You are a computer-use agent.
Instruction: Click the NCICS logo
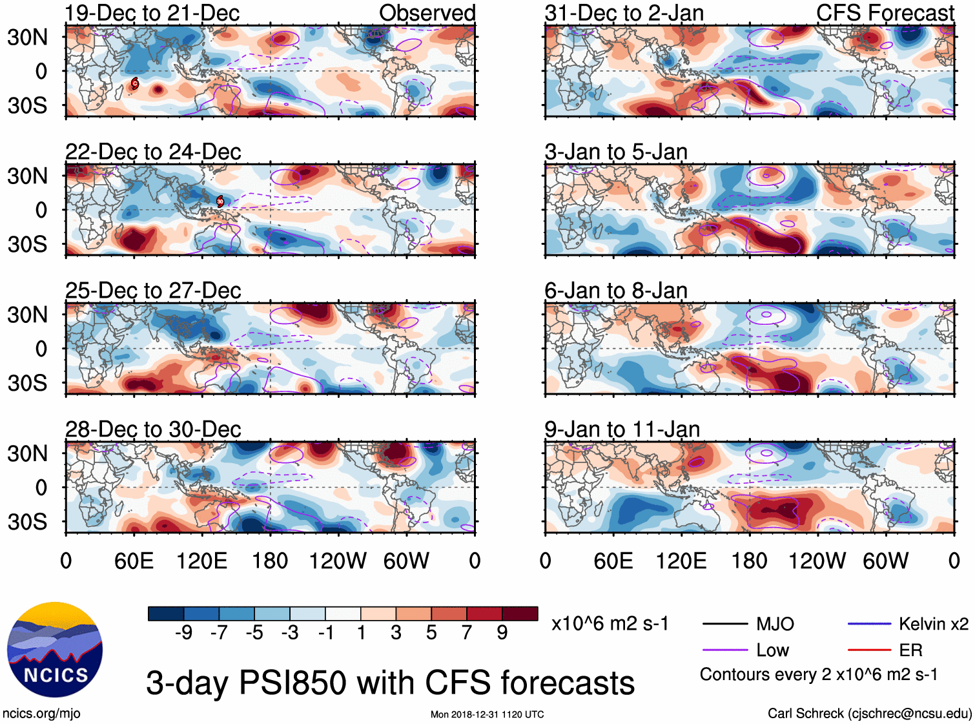coord(55,650)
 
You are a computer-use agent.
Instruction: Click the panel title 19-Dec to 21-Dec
coord(152,13)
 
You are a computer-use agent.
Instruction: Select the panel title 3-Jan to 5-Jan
coord(616,152)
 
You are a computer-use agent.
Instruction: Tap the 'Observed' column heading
coord(427,13)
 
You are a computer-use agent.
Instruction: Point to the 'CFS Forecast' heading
coord(885,13)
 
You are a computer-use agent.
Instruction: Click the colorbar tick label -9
coord(183,632)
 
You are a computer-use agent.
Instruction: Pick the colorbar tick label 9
coord(502,632)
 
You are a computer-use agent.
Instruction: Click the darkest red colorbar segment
coord(520,614)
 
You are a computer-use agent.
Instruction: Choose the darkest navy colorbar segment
coord(166,614)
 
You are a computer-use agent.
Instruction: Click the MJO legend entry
coord(775,624)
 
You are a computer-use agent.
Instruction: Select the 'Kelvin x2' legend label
coord(933,624)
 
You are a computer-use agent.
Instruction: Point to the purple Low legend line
coord(724,650)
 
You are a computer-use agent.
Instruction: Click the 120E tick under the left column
coord(201,561)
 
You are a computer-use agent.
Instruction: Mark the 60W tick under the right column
coord(885,561)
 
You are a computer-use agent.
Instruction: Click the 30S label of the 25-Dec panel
coord(27,383)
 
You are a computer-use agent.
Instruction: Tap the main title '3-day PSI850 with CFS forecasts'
coord(390,683)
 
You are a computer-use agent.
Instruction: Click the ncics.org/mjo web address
coord(41,714)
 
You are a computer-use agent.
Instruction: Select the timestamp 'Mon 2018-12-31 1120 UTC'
coord(487,714)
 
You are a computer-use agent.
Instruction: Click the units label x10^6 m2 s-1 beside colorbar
coord(610,624)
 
